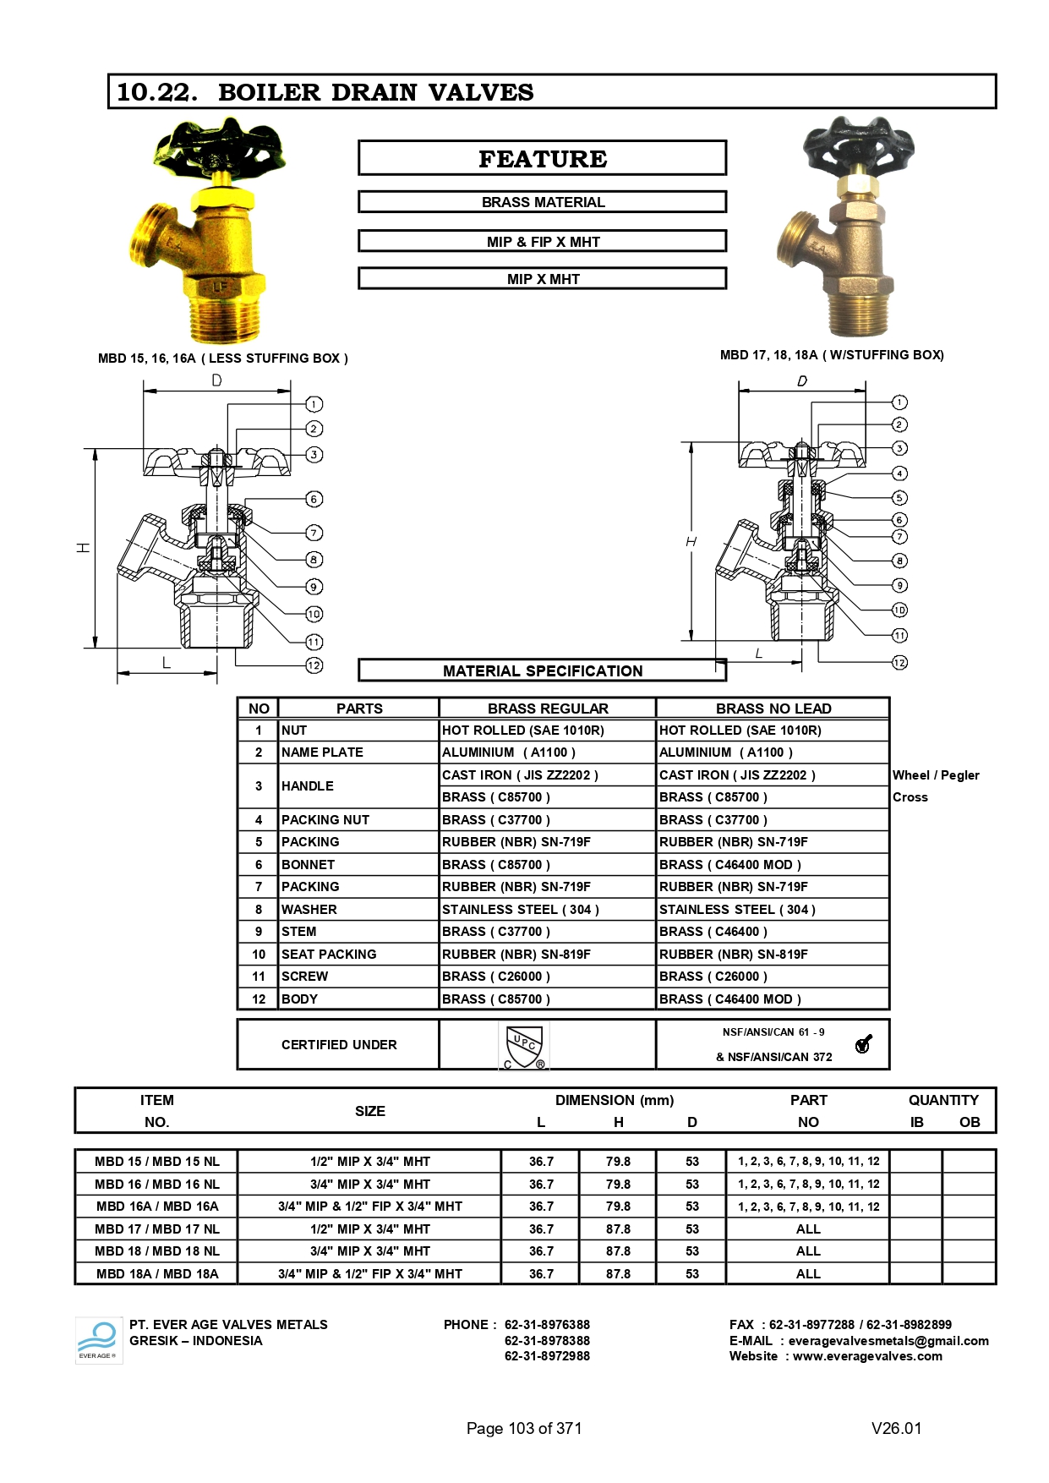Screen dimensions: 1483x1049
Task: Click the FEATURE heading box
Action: coord(542,158)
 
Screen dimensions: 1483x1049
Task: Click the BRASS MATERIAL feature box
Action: coord(542,202)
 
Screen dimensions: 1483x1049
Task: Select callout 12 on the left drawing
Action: coord(314,665)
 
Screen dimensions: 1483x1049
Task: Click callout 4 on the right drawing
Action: coord(899,473)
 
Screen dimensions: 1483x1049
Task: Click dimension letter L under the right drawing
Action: coord(758,654)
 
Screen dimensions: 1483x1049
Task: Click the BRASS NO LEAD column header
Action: coord(773,709)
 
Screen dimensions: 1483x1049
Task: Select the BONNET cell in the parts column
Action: coord(308,864)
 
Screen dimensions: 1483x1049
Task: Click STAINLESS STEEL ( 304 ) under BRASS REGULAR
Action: coord(520,909)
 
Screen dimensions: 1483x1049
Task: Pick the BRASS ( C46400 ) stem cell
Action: coord(713,932)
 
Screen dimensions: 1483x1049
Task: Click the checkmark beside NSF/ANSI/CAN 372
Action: coord(863,1044)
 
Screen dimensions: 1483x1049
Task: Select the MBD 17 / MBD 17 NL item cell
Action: coord(156,1229)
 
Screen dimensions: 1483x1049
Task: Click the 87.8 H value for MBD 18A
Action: coord(618,1273)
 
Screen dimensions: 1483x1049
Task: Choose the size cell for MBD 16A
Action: coord(369,1207)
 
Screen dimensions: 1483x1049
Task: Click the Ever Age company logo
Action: coord(98,1339)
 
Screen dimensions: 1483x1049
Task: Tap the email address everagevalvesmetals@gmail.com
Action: coord(888,1341)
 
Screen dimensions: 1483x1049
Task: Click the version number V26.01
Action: coord(896,1428)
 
